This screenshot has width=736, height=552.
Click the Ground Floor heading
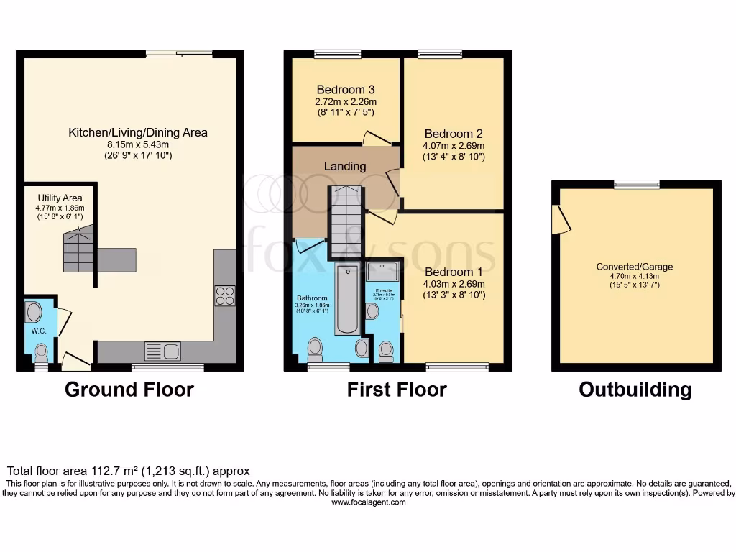click(x=129, y=390)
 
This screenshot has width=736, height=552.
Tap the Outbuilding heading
click(x=635, y=390)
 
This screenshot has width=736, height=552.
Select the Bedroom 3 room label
click(x=346, y=90)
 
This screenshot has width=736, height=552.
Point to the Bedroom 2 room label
click(x=453, y=134)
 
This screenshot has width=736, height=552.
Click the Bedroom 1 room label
click(x=453, y=272)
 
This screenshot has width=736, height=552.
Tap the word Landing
click(x=345, y=166)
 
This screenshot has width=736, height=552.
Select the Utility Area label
click(x=60, y=198)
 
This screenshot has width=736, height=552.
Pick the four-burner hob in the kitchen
click(x=224, y=295)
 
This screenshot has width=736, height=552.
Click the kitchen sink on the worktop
click(x=163, y=351)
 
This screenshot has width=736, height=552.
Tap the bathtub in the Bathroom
click(x=347, y=299)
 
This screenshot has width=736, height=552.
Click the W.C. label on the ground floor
click(x=37, y=331)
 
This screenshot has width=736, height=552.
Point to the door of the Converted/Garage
click(x=561, y=219)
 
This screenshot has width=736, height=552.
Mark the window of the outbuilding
click(x=637, y=185)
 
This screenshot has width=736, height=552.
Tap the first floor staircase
click(x=346, y=221)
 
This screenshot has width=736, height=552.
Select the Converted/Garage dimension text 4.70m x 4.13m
click(x=635, y=275)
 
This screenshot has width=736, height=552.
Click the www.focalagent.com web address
click(x=368, y=502)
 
